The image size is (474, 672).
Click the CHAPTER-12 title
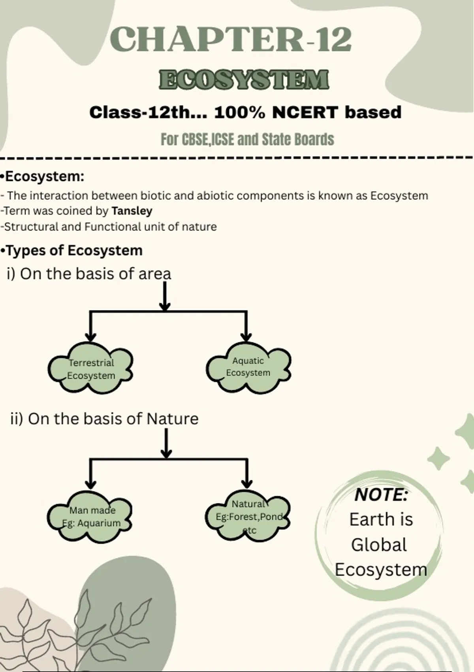click(231, 39)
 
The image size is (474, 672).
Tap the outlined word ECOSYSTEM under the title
click(244, 80)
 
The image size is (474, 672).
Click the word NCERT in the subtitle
click(305, 112)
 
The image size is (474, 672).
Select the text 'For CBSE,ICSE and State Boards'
click(247, 139)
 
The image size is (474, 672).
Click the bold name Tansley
click(132, 211)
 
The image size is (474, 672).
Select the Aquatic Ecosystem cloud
click(248, 368)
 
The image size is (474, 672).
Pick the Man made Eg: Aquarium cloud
click(90, 517)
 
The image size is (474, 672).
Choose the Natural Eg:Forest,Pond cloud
click(248, 516)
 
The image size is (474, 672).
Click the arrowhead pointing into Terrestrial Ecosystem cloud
click(90, 337)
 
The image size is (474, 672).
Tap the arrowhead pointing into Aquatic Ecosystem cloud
click(246, 337)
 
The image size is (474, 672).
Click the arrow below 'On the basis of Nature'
click(166, 443)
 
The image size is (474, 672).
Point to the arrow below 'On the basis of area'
click(165, 296)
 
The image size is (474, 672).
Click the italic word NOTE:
click(381, 495)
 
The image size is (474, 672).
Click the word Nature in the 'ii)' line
click(172, 419)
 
